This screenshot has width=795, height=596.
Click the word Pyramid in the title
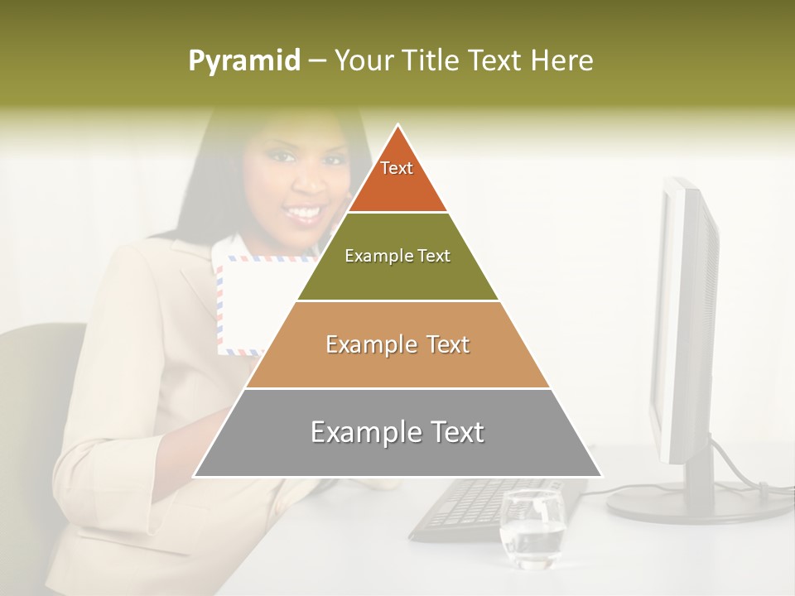point(243,61)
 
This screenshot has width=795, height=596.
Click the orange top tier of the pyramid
point(397,178)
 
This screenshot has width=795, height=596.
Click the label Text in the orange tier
point(397,168)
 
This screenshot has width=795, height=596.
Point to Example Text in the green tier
point(397,256)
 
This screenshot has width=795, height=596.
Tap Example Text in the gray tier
point(397,432)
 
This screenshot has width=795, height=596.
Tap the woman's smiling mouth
point(306,214)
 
